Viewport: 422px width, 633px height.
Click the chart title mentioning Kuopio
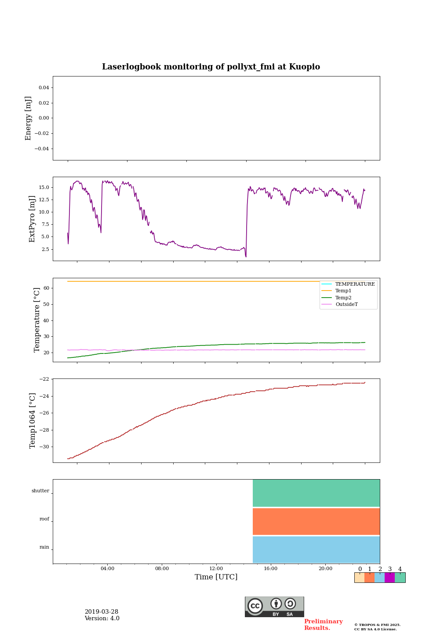point(211,67)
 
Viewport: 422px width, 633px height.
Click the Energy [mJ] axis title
point(29,118)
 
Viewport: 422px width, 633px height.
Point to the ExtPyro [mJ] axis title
point(32,219)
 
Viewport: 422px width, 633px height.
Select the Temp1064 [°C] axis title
point(33,421)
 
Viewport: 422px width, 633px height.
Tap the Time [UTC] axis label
point(216,577)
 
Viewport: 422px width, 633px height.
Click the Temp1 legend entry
point(343,291)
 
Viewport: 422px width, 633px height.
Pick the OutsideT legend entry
point(346,305)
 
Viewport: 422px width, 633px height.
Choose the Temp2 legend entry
point(343,298)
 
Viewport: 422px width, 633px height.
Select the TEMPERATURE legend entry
point(355,284)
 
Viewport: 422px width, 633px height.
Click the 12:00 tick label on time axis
point(216,569)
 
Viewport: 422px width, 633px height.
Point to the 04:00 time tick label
point(107,569)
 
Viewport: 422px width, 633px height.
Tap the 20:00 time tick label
point(325,569)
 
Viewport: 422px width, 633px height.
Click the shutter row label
point(40,491)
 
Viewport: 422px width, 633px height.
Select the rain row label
point(44,547)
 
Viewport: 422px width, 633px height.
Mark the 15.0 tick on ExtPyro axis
point(44,188)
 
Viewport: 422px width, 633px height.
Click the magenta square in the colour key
point(389,578)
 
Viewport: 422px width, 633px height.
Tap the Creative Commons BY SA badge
point(274,607)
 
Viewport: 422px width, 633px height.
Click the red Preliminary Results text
point(323,625)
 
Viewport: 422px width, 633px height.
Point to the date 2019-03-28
point(102,612)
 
